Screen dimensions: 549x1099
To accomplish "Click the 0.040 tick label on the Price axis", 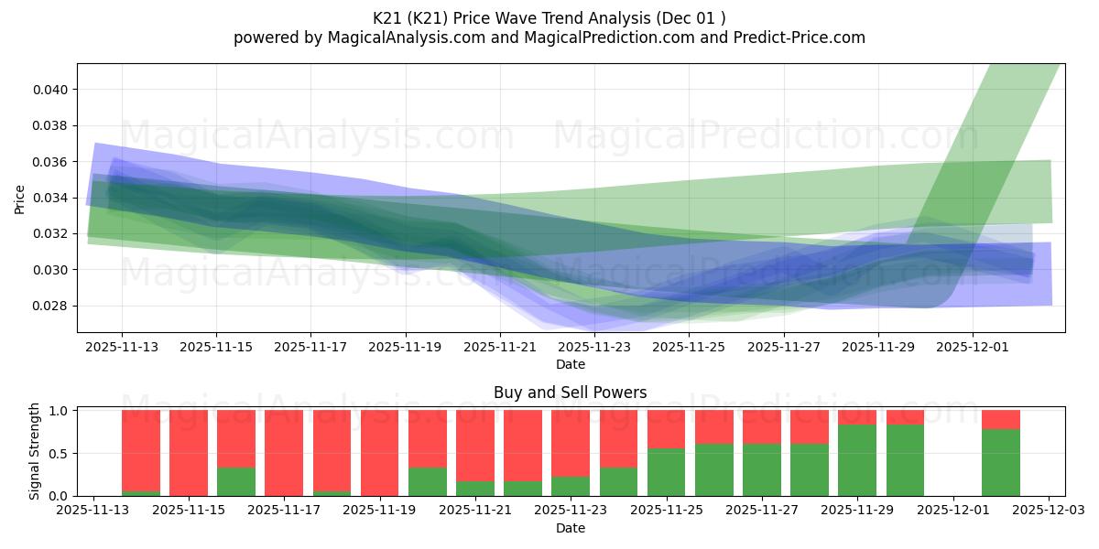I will tap(49, 90).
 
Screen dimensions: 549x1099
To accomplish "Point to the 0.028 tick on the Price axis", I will tap(49, 306).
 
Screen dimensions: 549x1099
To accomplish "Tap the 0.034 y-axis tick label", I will tap(49, 198).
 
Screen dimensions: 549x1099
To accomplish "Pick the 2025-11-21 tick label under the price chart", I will tap(500, 347).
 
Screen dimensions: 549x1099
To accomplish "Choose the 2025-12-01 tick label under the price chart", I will tap(973, 347).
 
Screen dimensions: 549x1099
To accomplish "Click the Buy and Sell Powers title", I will tap(570, 393).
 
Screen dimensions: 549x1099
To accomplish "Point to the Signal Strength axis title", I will tap(35, 451).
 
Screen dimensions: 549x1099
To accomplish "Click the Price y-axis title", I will tap(20, 199).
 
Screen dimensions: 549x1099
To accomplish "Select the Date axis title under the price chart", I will tap(570, 364).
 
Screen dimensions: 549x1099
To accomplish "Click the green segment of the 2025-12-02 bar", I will tap(1000, 462).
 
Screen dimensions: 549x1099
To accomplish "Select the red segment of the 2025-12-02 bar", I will tap(1000, 419).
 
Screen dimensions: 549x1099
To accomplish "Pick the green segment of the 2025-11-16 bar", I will tap(236, 481).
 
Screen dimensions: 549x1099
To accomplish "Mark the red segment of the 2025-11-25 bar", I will tap(666, 429).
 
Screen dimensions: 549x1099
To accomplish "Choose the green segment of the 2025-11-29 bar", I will tap(857, 459).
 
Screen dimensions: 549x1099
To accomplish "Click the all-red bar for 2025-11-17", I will tap(284, 453).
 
